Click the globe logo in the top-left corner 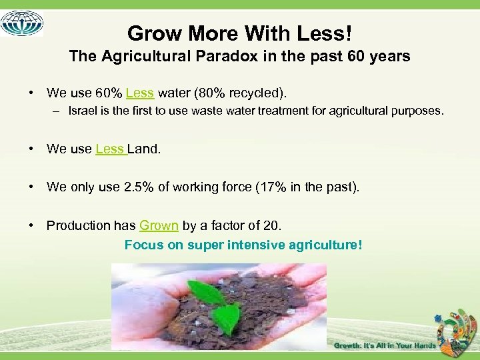coord(22,23)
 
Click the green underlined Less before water coord(140,93)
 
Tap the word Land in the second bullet coord(143,149)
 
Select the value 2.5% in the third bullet coord(138,187)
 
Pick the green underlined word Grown coord(159,225)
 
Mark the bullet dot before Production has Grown coord(31,225)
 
